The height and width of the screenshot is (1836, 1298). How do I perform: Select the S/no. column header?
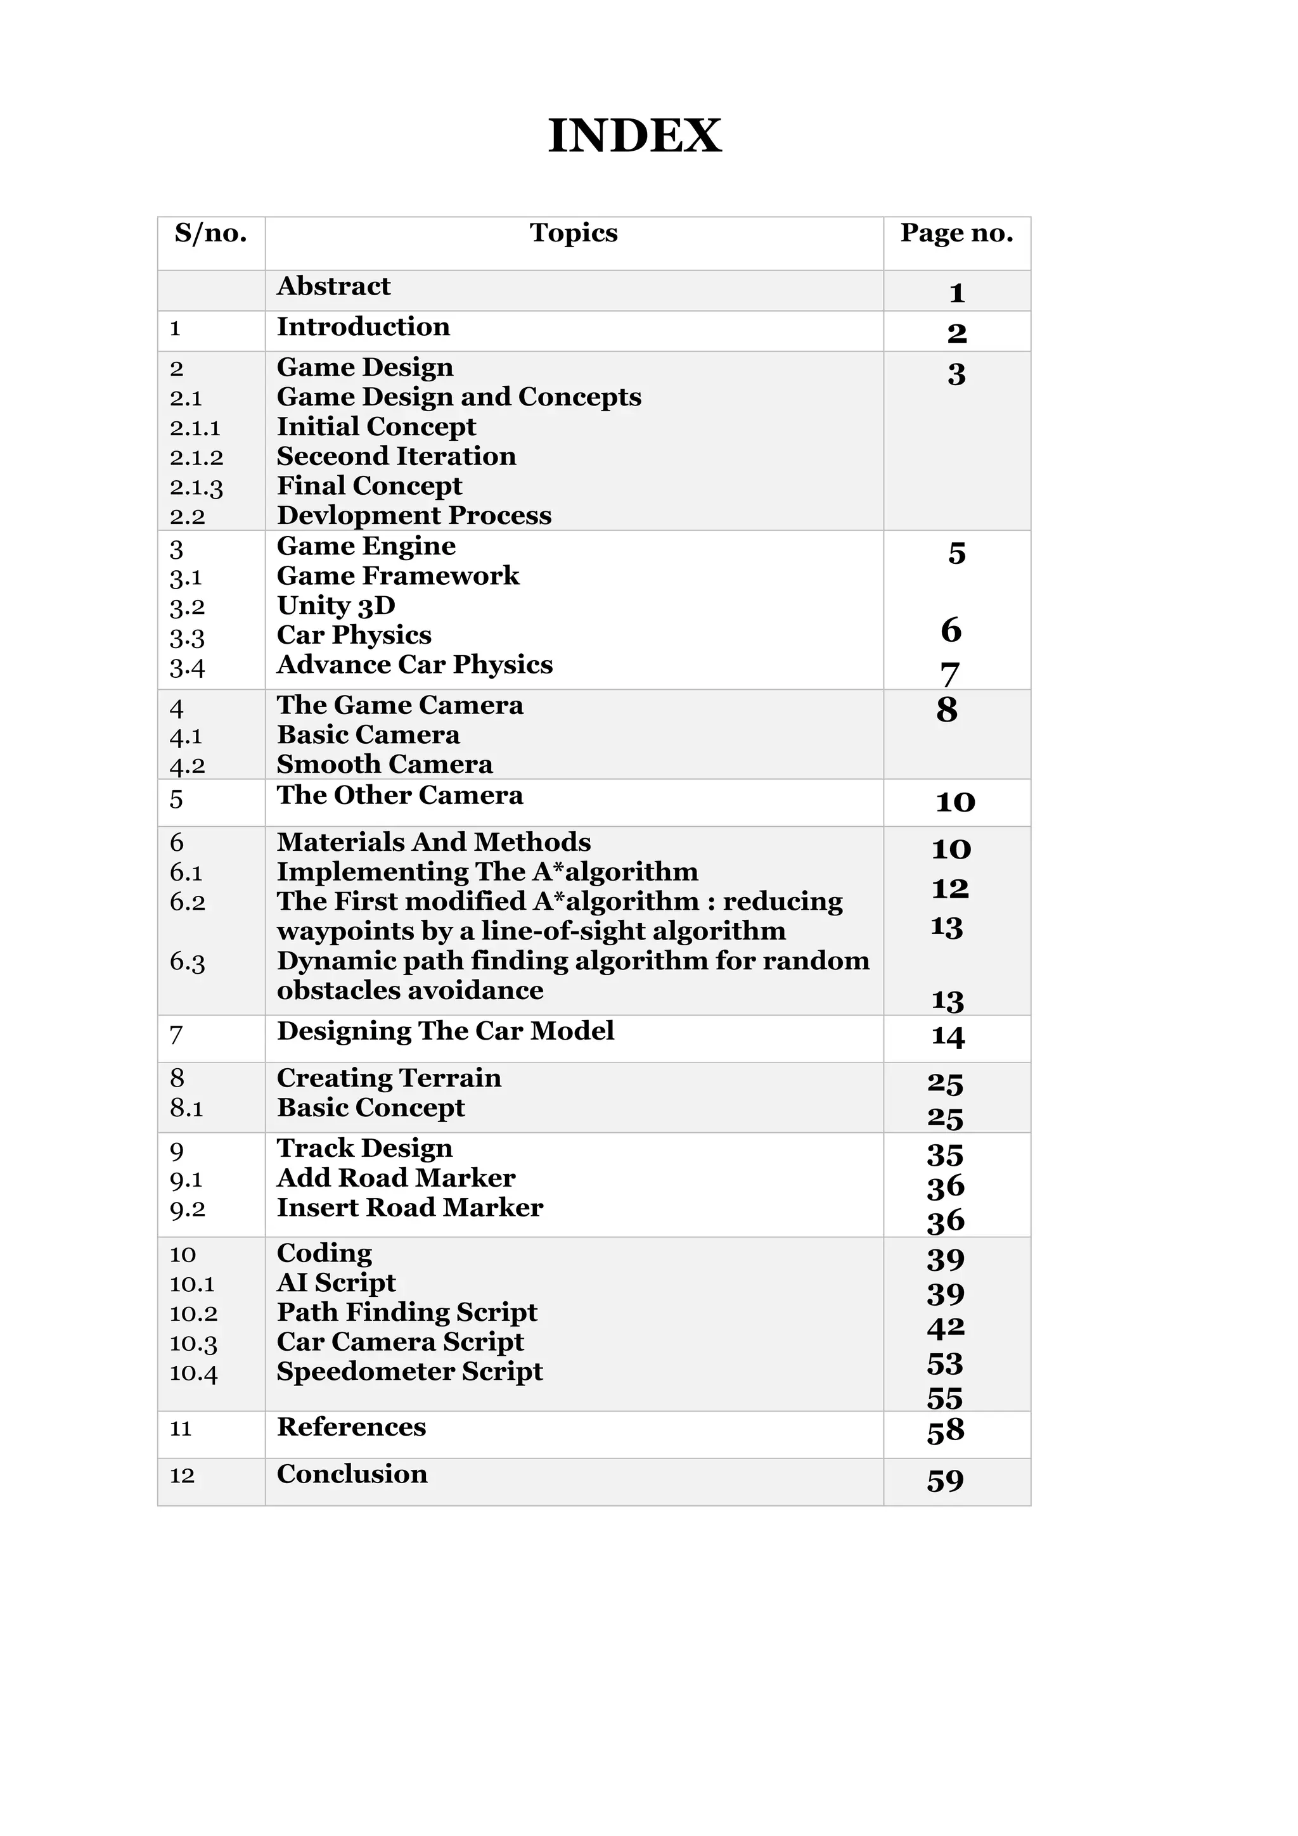coord(210,234)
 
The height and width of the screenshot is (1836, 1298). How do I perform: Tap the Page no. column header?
coord(956,234)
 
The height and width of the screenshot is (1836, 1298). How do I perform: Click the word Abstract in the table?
coord(333,286)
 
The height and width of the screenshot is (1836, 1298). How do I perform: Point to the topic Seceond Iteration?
coord(396,457)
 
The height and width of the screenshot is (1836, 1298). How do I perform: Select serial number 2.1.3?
coord(196,487)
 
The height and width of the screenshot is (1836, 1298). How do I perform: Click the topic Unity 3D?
coord(336,605)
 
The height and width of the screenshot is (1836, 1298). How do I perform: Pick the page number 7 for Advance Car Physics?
coord(949,674)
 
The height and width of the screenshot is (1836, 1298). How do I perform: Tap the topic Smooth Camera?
coord(385,765)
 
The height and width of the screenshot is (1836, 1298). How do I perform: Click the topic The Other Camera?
coord(400,796)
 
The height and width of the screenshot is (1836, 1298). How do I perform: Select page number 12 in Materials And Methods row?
coord(950,888)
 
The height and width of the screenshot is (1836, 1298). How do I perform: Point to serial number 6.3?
coord(187,962)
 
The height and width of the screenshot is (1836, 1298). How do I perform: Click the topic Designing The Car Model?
coord(446,1031)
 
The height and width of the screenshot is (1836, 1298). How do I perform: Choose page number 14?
coord(948,1037)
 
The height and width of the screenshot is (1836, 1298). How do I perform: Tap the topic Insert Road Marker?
coord(409,1208)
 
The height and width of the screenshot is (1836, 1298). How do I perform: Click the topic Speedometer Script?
coord(409,1372)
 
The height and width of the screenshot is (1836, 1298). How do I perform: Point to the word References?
coord(351,1427)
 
